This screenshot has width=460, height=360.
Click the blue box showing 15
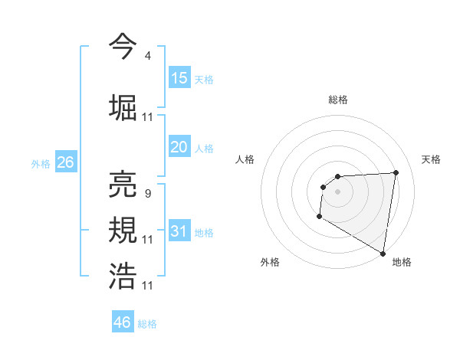[x=179, y=78]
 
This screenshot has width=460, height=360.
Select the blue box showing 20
[x=179, y=147]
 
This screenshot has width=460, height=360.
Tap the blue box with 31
[x=179, y=231]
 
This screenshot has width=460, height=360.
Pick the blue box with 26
[x=65, y=162]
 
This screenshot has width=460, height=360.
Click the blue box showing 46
[x=123, y=322]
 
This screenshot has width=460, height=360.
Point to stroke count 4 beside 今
[x=147, y=55]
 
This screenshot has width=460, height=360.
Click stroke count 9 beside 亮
[x=147, y=193]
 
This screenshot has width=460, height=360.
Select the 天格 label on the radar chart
[x=431, y=159]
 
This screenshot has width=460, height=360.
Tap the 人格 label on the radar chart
[x=245, y=159]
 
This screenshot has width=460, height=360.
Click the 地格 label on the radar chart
[x=402, y=262]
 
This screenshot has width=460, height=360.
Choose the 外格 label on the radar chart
[x=270, y=262]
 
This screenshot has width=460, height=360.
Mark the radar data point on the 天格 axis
[x=396, y=172]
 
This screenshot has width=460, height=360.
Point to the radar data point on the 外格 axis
[x=319, y=218]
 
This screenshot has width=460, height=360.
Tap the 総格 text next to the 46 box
[x=147, y=324]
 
